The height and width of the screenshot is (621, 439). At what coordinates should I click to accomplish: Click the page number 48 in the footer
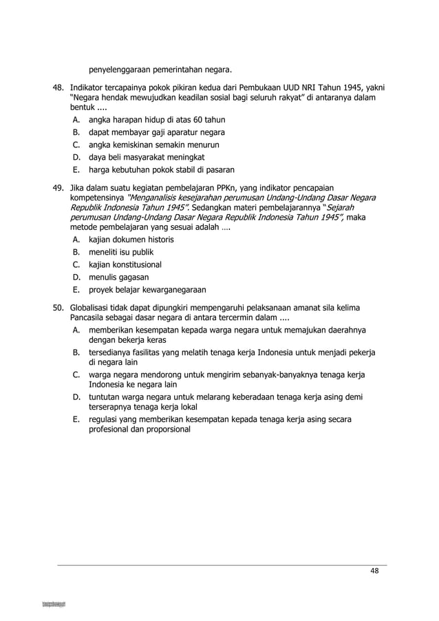374,571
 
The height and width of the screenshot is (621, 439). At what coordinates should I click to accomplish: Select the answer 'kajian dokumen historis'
131,240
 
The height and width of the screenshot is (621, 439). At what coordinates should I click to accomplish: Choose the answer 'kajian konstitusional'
125,264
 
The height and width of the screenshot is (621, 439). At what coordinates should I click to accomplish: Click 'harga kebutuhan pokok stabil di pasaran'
162,169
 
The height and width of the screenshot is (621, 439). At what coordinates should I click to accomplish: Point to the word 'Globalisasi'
90,306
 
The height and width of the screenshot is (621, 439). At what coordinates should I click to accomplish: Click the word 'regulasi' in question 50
104,419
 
